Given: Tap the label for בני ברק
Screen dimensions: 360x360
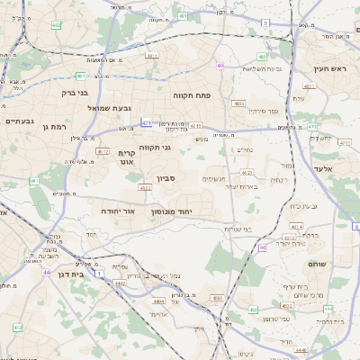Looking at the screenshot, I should pos(74,92).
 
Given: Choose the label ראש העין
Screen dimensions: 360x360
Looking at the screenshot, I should pos(329,68).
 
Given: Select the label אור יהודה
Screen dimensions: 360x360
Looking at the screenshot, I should pos(118,210).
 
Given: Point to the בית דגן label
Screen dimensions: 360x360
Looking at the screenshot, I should pos(69,274).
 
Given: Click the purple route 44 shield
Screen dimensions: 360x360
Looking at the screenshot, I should pos(45,271).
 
